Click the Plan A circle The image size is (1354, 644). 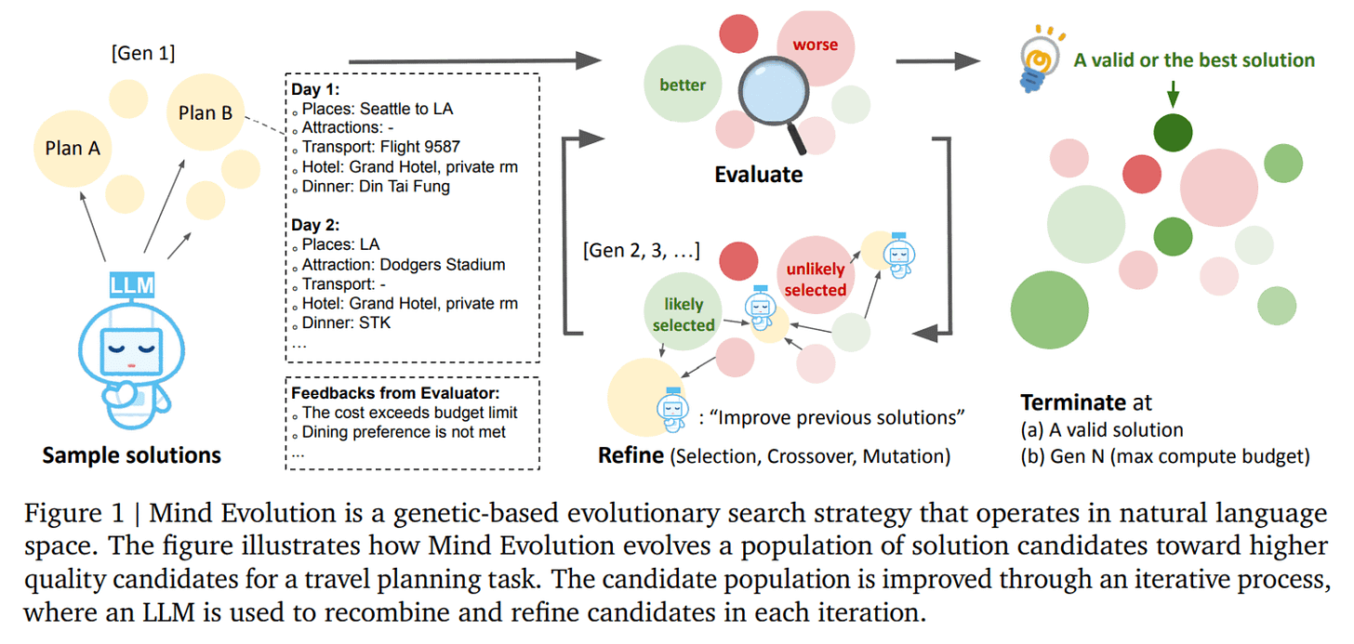pos(72,148)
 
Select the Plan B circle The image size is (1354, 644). pos(206,112)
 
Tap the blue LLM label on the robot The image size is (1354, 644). pos(131,284)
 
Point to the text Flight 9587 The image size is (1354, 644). pos(418,147)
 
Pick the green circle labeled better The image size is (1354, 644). pos(683,85)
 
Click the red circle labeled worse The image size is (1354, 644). pos(815,46)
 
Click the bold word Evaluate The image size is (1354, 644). pos(758,174)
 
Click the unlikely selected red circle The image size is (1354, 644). pos(815,279)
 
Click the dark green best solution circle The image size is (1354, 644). pos(1173,133)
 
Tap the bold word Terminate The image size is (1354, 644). pos(1073,402)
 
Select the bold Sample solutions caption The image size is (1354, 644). pos(131,455)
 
